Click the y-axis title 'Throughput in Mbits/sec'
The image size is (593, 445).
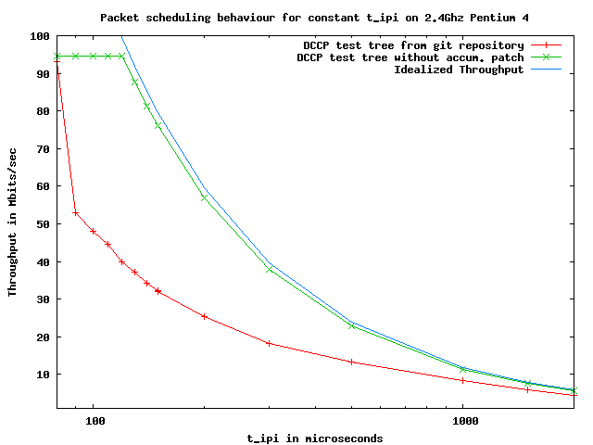(13, 222)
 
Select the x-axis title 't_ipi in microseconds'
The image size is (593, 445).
(315, 438)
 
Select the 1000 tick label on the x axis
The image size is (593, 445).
(463, 420)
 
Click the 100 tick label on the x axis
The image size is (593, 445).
(94, 420)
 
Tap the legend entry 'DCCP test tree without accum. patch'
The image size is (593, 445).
(410, 57)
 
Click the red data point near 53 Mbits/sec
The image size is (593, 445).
(75, 213)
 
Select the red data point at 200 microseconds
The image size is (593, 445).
(205, 316)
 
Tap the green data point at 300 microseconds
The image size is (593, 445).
(270, 269)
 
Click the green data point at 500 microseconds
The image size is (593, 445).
(352, 325)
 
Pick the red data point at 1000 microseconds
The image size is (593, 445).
(463, 380)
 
